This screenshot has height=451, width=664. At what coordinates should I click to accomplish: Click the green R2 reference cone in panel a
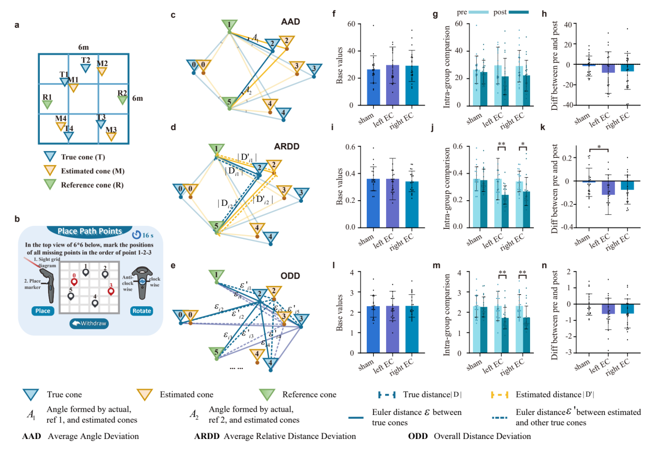(122, 99)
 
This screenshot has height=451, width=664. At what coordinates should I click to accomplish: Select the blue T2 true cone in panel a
(85, 67)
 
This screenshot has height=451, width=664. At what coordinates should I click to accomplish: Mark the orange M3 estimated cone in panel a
(111, 136)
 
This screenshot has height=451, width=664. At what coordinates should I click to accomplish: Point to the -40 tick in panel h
(567, 105)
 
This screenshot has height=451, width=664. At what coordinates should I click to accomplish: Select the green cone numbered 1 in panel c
(229, 25)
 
